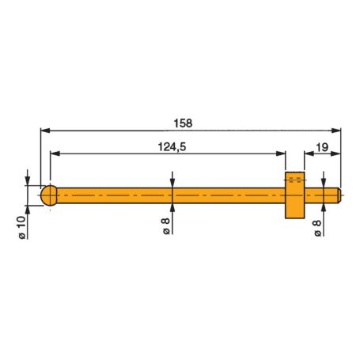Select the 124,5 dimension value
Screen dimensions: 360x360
pos(166,146)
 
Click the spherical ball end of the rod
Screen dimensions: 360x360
pos(50,195)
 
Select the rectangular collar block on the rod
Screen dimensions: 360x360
pos(294,195)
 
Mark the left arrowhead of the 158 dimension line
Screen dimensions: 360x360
pos(44,131)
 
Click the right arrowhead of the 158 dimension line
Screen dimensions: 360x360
pos(337,131)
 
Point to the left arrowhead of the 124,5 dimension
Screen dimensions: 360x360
pos(54,153)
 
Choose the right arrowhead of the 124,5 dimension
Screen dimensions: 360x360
pos(279,153)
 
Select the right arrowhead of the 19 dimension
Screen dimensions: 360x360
pos(337,153)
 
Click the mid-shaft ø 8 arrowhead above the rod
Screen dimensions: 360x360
pos(172,184)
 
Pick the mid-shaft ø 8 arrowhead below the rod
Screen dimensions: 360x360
pos(172,207)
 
